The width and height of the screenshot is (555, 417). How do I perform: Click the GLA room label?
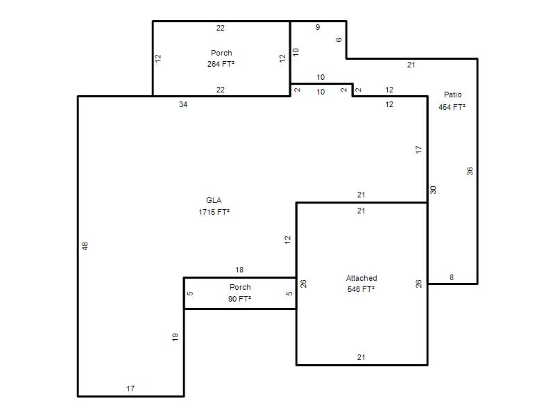click(214, 200)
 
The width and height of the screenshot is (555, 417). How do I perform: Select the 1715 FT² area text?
click(214, 212)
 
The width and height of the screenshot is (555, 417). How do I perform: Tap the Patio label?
click(453, 95)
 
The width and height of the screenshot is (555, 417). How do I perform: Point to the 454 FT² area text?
click(452, 107)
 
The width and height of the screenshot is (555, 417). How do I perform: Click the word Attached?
click(361, 278)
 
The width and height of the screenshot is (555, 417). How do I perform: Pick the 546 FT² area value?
click(361, 289)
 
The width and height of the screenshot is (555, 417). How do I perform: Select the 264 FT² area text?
click(221, 64)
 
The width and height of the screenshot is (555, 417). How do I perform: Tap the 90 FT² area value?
click(239, 299)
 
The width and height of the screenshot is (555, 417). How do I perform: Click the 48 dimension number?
click(85, 246)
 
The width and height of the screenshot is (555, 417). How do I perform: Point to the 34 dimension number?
click(183, 104)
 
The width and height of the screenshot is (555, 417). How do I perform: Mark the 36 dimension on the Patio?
click(470, 171)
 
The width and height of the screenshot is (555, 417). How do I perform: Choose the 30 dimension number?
click(433, 190)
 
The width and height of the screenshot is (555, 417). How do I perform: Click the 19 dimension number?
click(175, 337)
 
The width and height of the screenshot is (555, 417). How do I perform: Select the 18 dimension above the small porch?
click(239, 270)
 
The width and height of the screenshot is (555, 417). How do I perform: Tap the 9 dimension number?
click(318, 27)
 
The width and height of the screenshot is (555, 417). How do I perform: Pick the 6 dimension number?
click(339, 40)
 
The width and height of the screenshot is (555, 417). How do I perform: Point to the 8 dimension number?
click(452, 277)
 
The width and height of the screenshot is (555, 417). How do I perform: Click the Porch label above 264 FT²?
click(221, 53)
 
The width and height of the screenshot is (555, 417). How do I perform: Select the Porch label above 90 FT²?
click(240, 287)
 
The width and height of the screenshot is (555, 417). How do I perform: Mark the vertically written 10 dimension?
click(296, 52)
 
